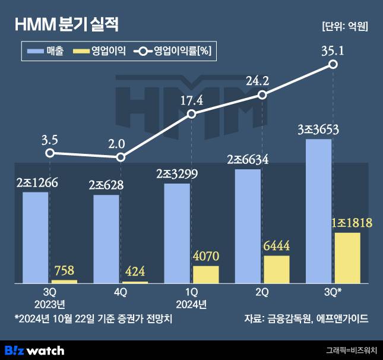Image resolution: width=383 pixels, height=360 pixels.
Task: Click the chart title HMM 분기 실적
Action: tap(67, 25)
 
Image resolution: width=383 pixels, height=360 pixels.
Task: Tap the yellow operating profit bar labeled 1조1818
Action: tap(347, 258)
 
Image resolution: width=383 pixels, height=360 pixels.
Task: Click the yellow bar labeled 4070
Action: tap(205, 274)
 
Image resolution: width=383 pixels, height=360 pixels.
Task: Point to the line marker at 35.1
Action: tap(333, 64)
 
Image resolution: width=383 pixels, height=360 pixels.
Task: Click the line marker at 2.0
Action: tap(121, 157)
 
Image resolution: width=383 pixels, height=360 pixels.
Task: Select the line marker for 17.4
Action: tap(191, 114)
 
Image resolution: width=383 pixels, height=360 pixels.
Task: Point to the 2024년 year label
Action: tap(191, 305)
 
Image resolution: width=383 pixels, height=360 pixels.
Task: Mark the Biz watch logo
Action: tap(34, 350)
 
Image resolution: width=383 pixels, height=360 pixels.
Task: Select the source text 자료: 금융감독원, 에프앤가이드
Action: tap(306, 319)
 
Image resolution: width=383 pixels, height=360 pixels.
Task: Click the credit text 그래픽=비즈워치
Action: tap(352, 350)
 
